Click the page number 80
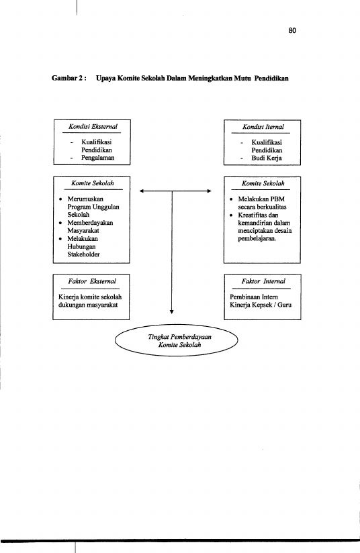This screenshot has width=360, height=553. (292, 31)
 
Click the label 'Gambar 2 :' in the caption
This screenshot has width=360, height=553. (69, 78)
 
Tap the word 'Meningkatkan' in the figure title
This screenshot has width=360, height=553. (210, 78)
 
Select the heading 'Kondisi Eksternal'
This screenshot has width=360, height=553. (93, 127)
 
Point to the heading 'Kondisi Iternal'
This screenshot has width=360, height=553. (263, 127)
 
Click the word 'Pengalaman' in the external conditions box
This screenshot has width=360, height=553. (98, 158)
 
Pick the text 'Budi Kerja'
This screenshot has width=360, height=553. (267, 158)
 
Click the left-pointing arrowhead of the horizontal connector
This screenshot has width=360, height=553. (142, 191)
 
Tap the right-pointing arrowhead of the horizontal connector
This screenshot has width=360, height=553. (210, 191)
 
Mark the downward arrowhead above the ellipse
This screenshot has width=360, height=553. (172, 312)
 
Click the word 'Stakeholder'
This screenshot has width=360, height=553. (84, 254)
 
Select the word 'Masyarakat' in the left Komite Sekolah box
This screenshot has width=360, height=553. (83, 231)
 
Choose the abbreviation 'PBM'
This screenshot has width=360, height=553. (278, 199)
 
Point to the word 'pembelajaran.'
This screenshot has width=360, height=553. (257, 238)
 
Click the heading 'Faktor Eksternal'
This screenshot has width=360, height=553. (92, 281)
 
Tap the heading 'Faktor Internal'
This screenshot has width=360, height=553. (263, 281)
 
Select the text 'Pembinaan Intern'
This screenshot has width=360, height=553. (254, 297)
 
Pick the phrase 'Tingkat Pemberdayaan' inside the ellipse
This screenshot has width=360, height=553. (179, 337)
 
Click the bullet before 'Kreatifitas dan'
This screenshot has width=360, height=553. (231, 215)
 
